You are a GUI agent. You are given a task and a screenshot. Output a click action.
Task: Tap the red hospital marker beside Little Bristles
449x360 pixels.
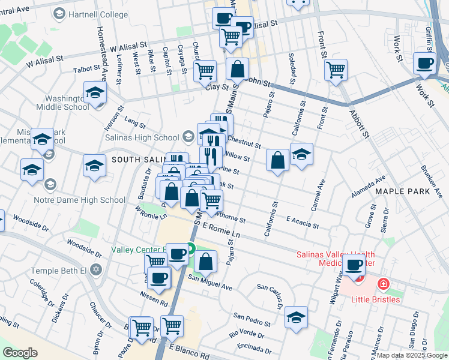tap(382, 283)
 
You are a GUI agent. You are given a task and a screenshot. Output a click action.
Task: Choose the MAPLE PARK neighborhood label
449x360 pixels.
tap(403, 191)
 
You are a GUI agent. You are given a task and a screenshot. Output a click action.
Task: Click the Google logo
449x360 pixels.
tap(20, 353)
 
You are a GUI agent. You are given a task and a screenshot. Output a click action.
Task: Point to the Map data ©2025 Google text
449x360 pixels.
tap(412, 355)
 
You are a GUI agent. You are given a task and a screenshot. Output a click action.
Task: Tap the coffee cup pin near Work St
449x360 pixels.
tap(426, 63)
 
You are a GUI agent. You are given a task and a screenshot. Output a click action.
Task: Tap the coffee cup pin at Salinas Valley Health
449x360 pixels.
tap(354, 265)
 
